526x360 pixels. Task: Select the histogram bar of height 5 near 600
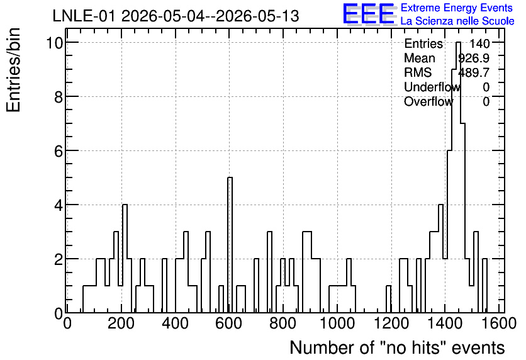[x=230, y=245]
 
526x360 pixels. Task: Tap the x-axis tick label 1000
[x=337, y=323]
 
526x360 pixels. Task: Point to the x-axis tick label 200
[x=121, y=323]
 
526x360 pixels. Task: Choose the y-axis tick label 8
[x=59, y=98]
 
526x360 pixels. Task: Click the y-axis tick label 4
[x=59, y=205]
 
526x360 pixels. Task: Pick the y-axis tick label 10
[x=55, y=43]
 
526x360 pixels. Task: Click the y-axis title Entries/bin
[x=14, y=70]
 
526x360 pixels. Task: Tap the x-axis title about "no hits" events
[x=397, y=347]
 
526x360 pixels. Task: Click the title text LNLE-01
[x=85, y=16]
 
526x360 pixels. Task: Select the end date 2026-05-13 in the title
[x=257, y=16]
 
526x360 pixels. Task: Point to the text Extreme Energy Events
[x=457, y=8]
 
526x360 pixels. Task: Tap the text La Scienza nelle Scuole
[x=457, y=21]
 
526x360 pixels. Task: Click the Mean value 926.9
[x=474, y=58]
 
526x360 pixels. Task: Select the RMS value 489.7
[x=474, y=72]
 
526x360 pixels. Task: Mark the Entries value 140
[x=479, y=43]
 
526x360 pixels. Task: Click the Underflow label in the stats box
[x=432, y=87]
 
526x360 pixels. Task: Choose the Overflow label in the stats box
[x=428, y=101]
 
